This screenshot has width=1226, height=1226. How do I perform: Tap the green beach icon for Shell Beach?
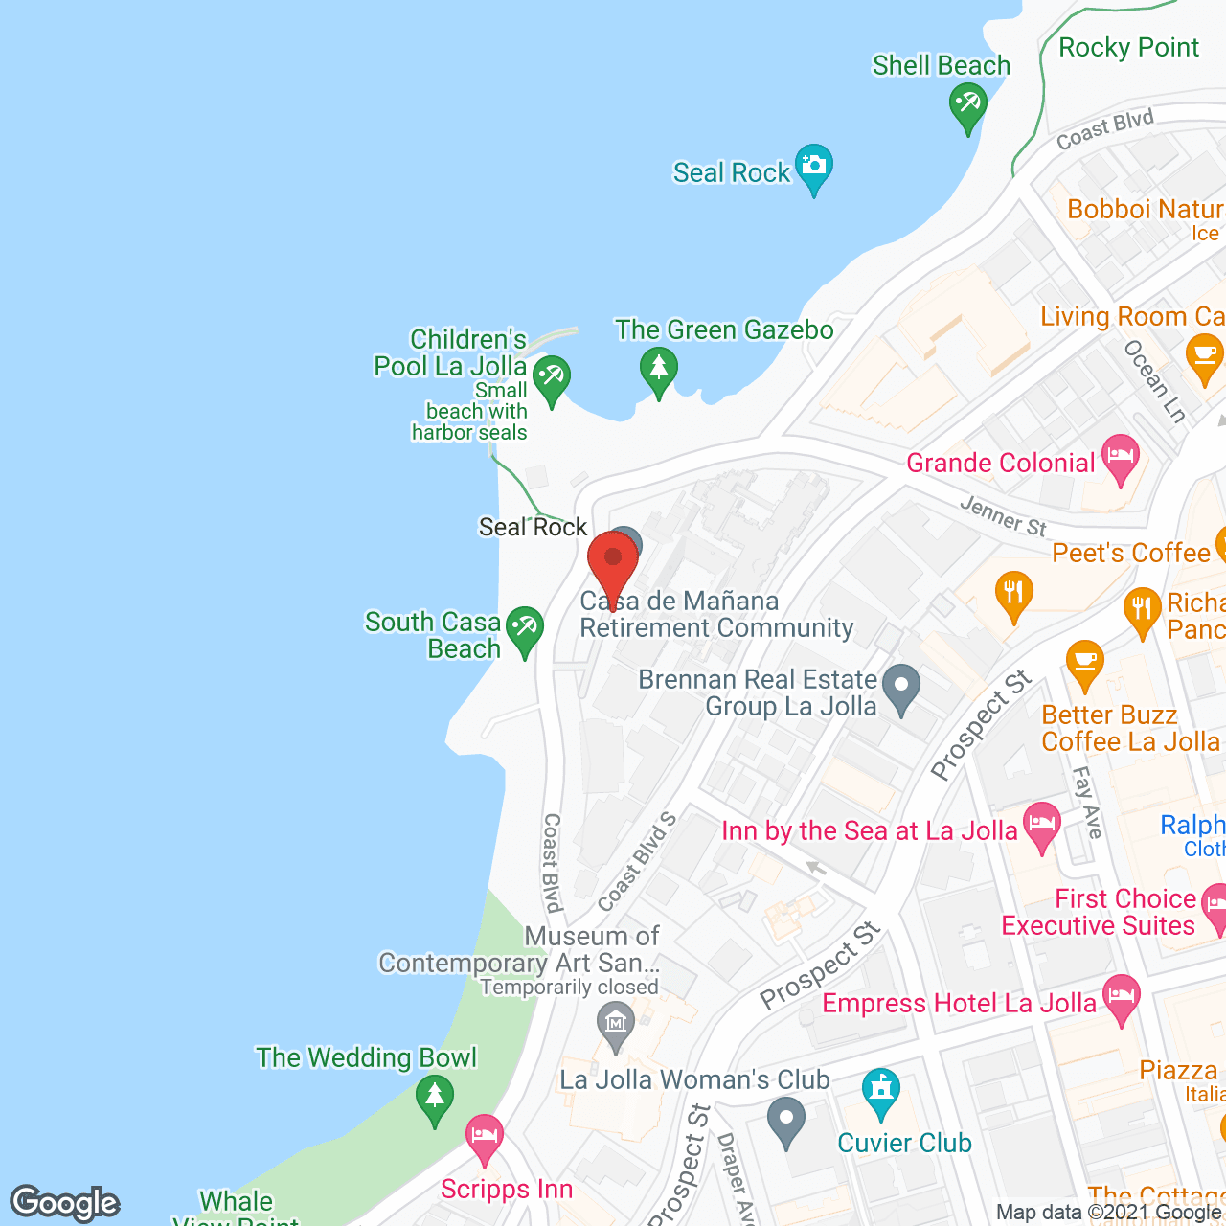(x=967, y=105)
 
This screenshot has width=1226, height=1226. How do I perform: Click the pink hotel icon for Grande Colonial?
(x=1120, y=456)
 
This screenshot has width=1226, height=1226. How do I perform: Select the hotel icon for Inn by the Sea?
(x=1041, y=825)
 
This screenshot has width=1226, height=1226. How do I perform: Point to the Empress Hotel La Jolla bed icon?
(x=1121, y=996)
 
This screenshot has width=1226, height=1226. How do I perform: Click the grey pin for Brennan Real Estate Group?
(x=900, y=688)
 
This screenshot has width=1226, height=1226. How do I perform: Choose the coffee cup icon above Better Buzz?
(x=1084, y=662)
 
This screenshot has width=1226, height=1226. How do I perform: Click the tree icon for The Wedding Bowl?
(x=435, y=1098)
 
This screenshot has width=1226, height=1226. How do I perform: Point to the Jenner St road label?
(x=1003, y=516)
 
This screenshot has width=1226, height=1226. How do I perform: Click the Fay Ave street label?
(x=1087, y=802)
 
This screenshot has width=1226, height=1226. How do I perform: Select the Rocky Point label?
(x=1128, y=47)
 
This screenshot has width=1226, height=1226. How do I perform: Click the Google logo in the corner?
(x=65, y=1203)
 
